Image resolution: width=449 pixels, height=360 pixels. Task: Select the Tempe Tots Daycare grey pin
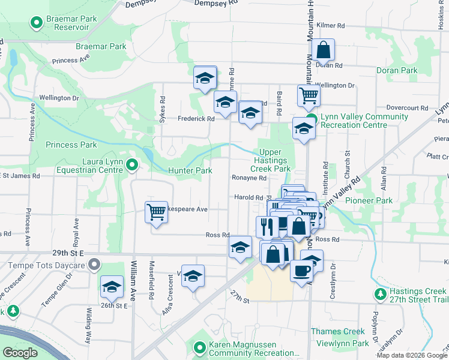pos(94,264)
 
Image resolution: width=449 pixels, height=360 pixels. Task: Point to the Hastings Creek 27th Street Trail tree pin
pos(380,294)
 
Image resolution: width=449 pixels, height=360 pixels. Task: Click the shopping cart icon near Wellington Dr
pos(309,95)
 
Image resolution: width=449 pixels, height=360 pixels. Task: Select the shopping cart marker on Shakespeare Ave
pos(156,212)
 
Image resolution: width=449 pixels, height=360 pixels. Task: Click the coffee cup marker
pos(301,269)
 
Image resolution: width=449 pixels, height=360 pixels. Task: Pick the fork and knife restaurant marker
pos(267,226)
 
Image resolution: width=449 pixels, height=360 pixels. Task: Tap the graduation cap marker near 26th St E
pos(112,288)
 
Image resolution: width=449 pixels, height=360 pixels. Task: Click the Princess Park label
pos(71,145)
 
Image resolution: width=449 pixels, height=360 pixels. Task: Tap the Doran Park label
pos(397,70)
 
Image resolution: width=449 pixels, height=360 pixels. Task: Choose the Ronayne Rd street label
pos(249,178)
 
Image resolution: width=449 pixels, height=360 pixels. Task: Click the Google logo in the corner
pos(20,353)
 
